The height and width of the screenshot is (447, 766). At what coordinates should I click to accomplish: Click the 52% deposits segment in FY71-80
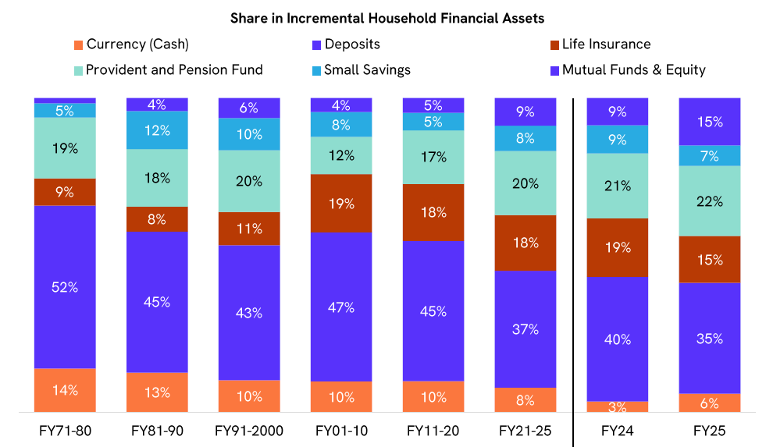[x=65, y=286]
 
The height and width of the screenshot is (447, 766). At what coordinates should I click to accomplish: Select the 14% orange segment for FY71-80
[x=65, y=390]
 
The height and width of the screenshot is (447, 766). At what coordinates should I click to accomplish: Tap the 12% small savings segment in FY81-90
[x=157, y=130]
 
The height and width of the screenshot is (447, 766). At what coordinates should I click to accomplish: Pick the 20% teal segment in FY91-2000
[x=249, y=180]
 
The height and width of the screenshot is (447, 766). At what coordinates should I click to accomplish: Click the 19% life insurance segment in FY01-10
[x=341, y=203]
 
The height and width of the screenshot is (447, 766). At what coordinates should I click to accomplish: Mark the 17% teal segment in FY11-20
[x=433, y=157]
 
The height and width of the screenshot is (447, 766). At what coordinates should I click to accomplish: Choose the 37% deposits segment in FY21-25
[x=526, y=329]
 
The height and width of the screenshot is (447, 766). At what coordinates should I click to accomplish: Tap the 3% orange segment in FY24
[x=618, y=406]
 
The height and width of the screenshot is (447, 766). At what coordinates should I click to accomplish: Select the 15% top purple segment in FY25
[x=710, y=122]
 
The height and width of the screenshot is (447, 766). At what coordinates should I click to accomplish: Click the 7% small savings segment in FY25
[x=710, y=156]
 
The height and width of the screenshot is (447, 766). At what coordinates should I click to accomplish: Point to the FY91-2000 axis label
[x=249, y=431]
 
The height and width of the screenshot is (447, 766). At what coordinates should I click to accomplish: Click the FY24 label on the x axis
[x=618, y=431]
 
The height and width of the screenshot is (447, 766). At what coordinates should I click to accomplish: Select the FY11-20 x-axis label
[x=433, y=431]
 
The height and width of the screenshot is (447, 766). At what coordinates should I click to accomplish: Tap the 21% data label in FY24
[x=618, y=186]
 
